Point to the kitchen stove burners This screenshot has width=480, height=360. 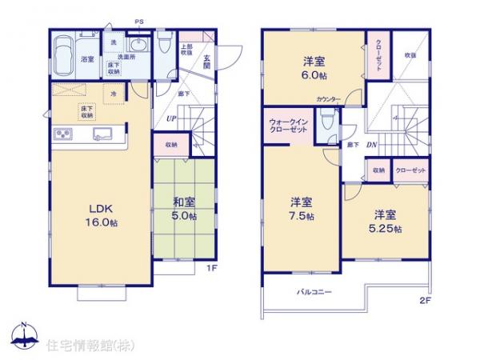[x=63, y=133]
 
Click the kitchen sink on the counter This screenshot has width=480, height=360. [x=103, y=134]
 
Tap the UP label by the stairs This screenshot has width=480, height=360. [x=171, y=120]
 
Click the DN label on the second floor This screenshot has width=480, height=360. [x=371, y=145]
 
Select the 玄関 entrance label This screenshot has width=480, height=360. [x=206, y=62]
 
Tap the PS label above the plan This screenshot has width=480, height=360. [x=140, y=21]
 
